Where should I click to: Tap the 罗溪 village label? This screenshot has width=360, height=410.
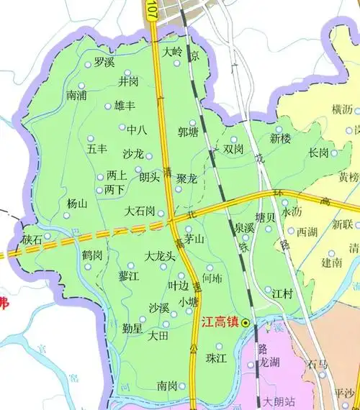pyautogui.click(x=104, y=63)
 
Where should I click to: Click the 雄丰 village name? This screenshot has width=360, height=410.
pyautogui.click(x=125, y=106)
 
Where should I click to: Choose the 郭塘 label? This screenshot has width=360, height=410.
pyautogui.click(x=188, y=132)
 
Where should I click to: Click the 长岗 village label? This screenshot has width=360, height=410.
pyautogui.click(x=318, y=152)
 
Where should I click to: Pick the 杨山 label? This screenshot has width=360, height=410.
pyautogui.click(x=77, y=204)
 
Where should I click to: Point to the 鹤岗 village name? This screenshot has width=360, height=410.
pyautogui.click(x=91, y=255)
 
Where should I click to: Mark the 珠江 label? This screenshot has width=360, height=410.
pyautogui.click(x=216, y=357)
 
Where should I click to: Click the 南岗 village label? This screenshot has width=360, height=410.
pyautogui.click(x=167, y=386)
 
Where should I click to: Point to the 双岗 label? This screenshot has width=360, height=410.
pyautogui.click(x=233, y=150)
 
